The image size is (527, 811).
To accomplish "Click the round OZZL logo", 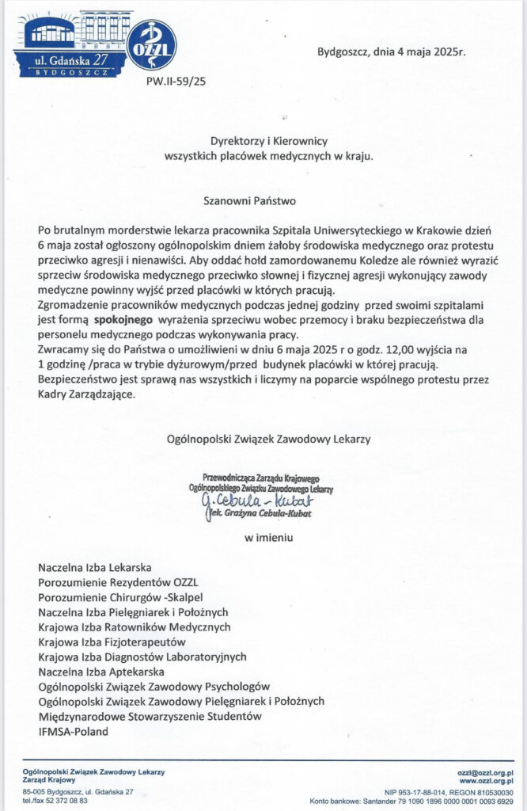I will (x=151, y=45).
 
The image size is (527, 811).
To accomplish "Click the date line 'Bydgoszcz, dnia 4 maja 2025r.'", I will (x=391, y=53).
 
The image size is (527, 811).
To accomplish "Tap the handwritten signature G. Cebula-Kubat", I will (x=246, y=501).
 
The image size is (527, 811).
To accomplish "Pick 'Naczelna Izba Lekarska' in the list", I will (x=94, y=567).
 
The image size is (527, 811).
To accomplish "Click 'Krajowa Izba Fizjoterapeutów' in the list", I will (x=112, y=642).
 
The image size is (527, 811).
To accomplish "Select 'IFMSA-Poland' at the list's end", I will (x=73, y=732).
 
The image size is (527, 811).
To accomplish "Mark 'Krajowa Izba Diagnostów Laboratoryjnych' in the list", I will (x=142, y=657).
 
